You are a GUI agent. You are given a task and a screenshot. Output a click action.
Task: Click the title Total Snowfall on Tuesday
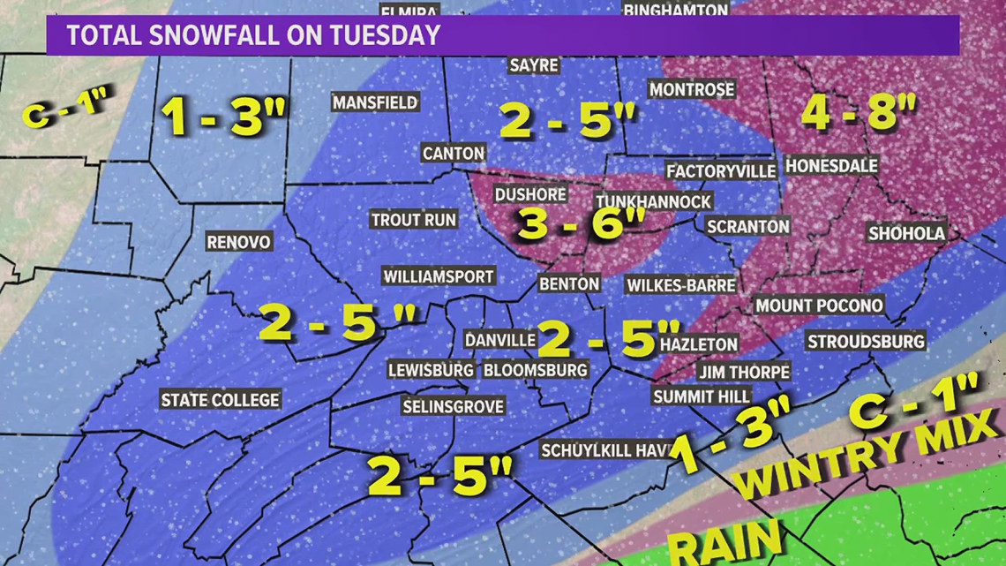(x=253, y=36)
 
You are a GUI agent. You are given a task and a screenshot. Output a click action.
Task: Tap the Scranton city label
(x=747, y=227)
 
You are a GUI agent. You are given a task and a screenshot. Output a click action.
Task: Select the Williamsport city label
(x=438, y=276)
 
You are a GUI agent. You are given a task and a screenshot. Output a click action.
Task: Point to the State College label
(x=220, y=400)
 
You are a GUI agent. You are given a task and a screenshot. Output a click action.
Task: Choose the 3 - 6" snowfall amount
(x=572, y=224)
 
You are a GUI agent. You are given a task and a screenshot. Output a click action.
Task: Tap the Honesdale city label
(x=831, y=166)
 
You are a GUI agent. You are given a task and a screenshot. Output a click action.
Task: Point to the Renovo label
(x=238, y=241)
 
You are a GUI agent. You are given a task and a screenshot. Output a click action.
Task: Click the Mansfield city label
(x=375, y=102)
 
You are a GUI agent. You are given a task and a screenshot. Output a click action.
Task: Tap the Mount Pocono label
(x=818, y=305)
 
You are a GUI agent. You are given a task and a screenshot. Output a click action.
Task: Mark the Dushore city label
(x=524, y=194)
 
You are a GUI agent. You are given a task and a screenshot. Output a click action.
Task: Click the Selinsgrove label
(x=453, y=406)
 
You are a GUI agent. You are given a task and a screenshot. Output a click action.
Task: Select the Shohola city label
(x=906, y=233)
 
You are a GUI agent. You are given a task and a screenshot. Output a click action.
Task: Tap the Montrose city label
(x=691, y=89)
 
